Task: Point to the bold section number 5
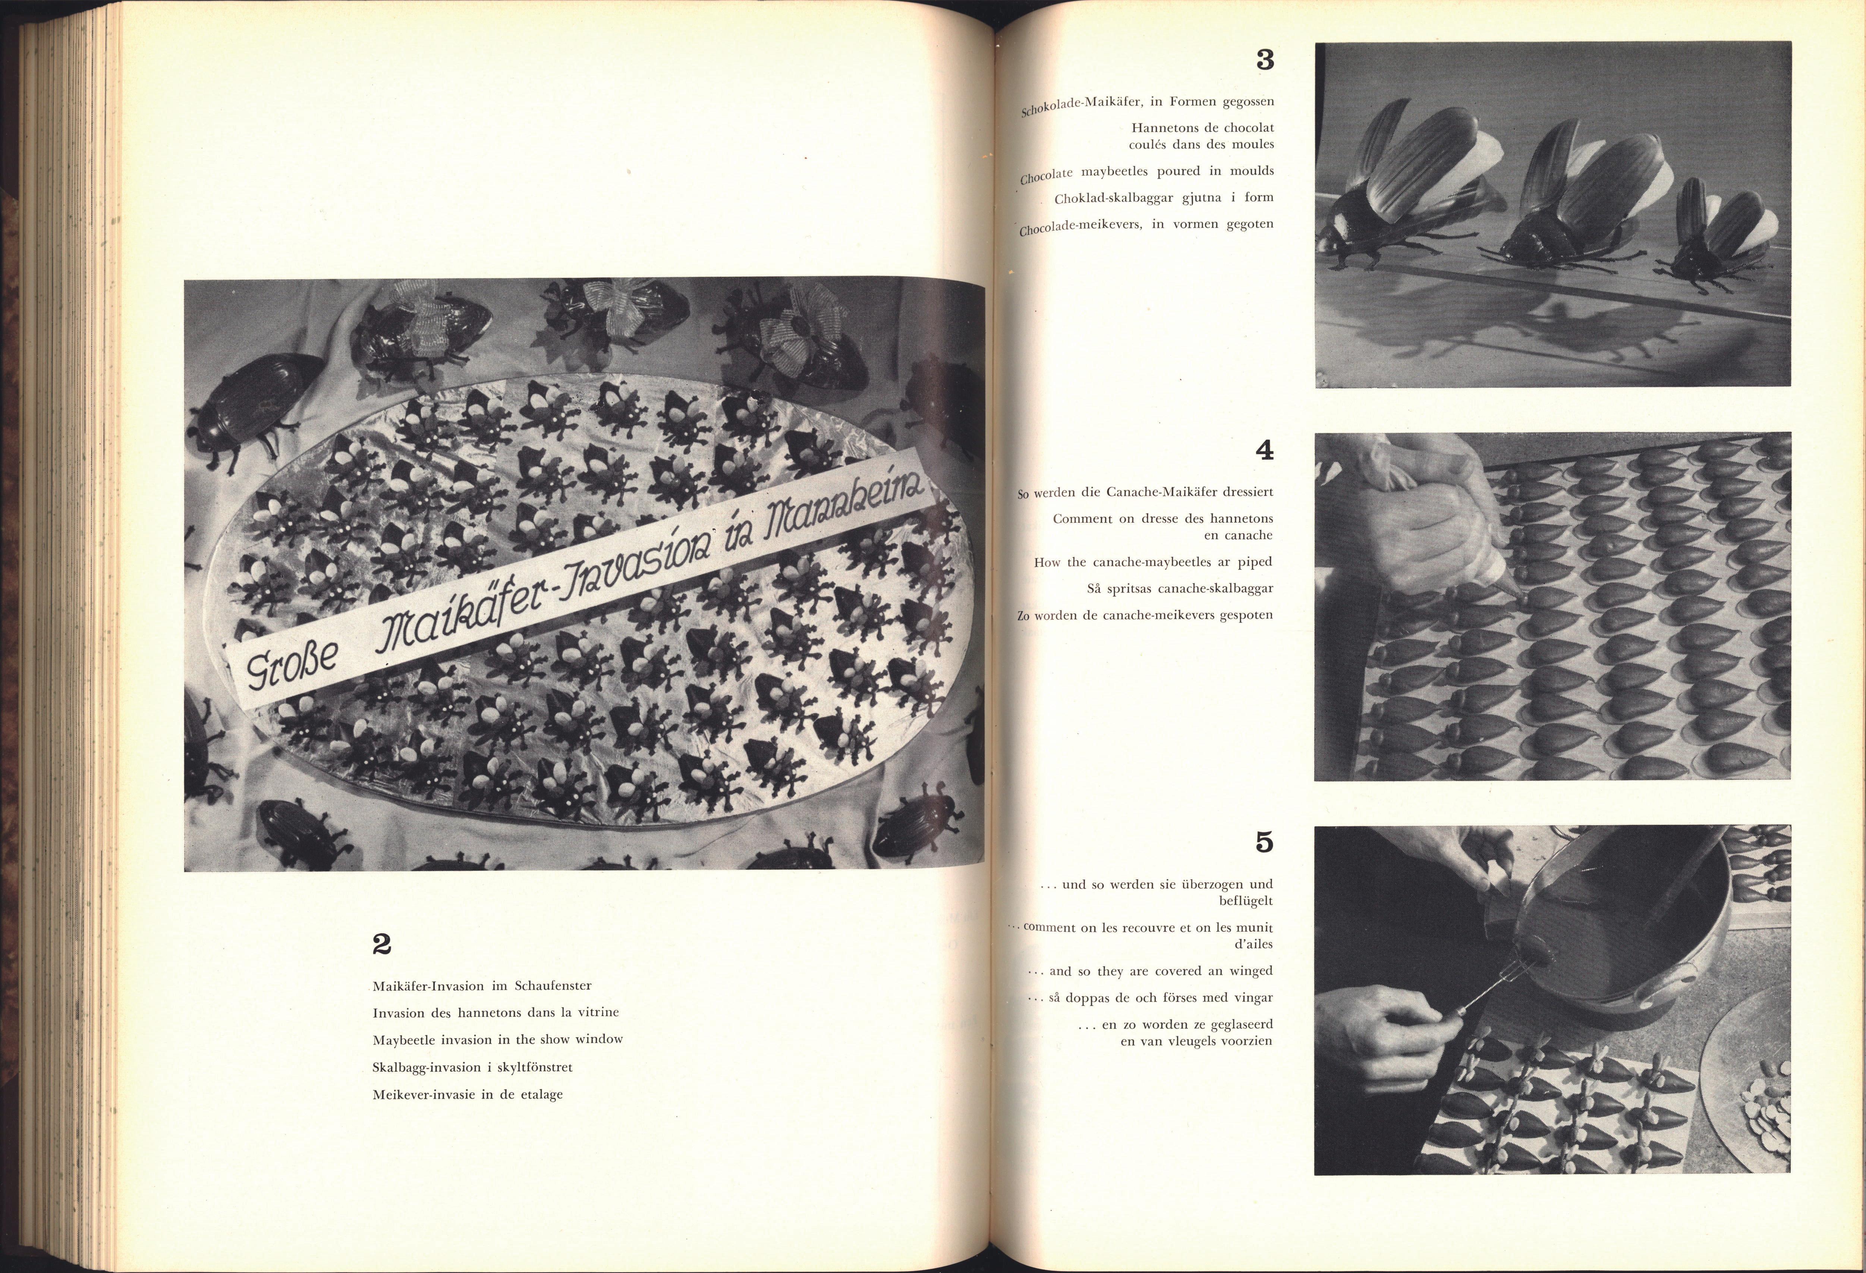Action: tap(1265, 842)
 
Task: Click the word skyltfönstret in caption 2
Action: tap(533, 1068)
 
